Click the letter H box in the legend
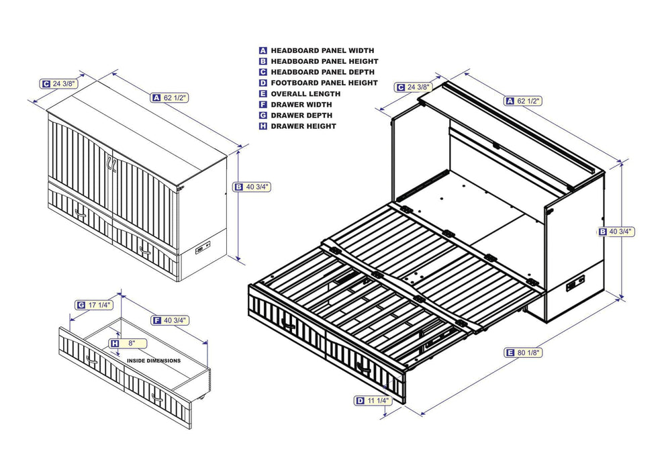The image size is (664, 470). [263, 126]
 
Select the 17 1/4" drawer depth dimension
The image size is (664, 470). [99, 305]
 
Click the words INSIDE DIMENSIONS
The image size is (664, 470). [154, 361]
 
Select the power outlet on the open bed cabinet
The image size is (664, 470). [574, 285]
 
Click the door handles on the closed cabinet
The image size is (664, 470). [111, 163]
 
